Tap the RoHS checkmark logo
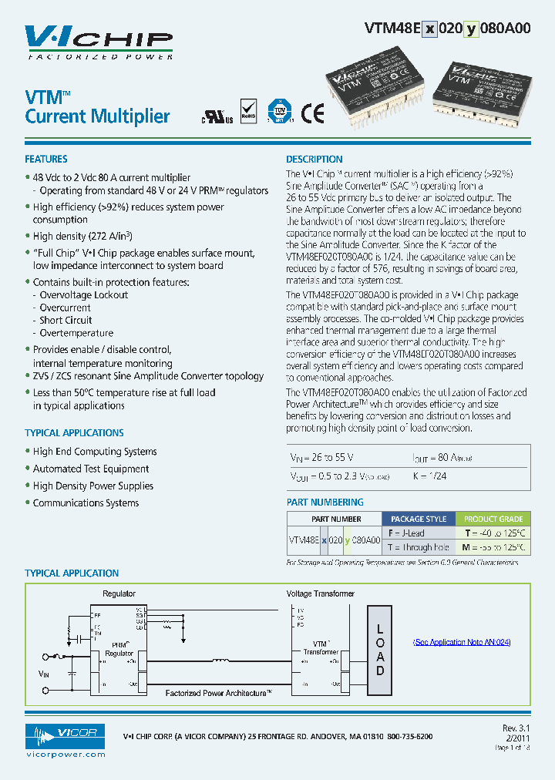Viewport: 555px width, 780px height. click(x=248, y=111)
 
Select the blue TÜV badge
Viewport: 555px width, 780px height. click(x=279, y=112)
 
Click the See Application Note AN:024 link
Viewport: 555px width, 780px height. click(x=461, y=642)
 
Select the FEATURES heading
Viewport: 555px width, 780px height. click(x=46, y=160)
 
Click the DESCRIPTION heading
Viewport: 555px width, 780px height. click(x=314, y=160)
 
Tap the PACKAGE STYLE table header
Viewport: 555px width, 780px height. click(x=419, y=519)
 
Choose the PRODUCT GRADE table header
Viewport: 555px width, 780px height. click(x=493, y=519)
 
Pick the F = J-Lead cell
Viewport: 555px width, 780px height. click(x=406, y=533)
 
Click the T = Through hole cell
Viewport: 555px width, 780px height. click(x=418, y=547)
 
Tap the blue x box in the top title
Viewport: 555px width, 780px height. click(x=430, y=29)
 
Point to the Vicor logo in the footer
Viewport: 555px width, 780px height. click(x=66, y=737)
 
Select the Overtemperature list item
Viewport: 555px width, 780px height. click(x=76, y=334)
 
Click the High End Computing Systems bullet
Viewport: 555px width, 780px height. click(x=95, y=452)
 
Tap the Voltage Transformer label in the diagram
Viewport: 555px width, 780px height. click(x=321, y=593)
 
